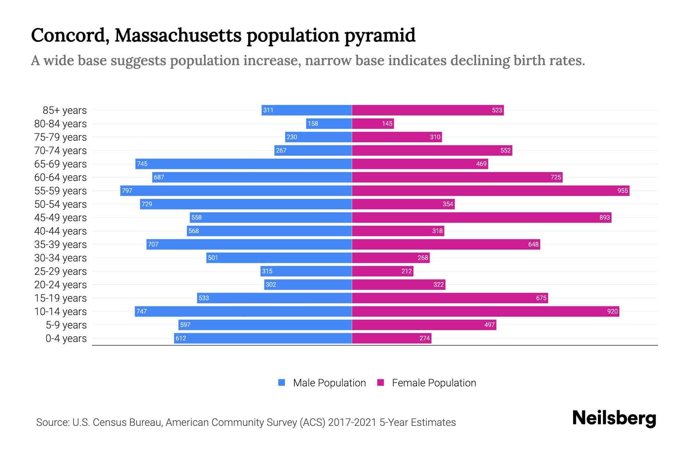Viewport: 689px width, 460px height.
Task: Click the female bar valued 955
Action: tap(490, 191)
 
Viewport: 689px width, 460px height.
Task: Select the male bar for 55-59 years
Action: tap(236, 191)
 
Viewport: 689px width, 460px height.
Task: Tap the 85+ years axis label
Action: tap(64, 110)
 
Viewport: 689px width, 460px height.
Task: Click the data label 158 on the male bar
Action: tap(313, 123)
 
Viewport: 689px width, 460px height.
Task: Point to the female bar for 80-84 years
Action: tap(372, 123)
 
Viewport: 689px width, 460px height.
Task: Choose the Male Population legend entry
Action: tap(329, 383)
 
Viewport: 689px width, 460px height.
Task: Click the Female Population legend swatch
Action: tap(380, 383)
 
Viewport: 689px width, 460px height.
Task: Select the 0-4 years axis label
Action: tap(66, 338)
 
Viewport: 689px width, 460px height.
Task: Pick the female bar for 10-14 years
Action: tap(485, 311)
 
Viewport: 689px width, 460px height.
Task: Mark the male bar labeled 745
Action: tap(243, 164)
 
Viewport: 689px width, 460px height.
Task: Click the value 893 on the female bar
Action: tap(604, 217)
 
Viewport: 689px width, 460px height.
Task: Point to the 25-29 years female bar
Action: tap(382, 271)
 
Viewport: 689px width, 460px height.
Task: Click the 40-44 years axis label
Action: tap(60, 231)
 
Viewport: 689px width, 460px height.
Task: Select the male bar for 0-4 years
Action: tap(263, 338)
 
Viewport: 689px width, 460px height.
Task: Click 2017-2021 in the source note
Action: tap(352, 422)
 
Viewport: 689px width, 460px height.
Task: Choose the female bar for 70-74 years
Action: tap(432, 150)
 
